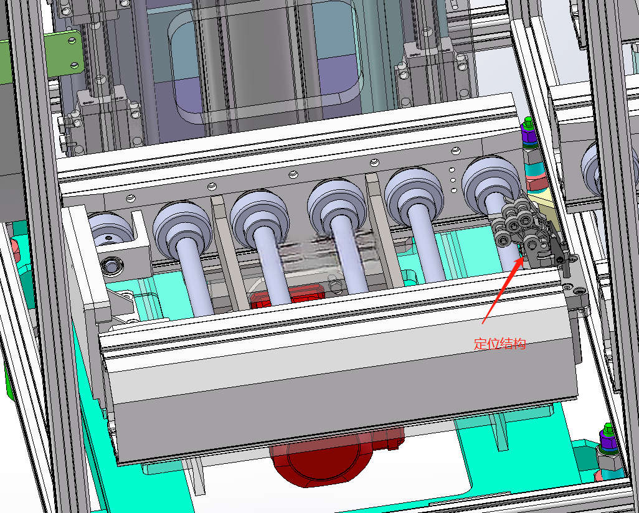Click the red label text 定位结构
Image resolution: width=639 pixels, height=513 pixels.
[x=499, y=344]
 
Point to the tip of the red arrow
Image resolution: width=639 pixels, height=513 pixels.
[x=523, y=256]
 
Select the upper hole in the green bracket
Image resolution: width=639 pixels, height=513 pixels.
[x=72, y=40]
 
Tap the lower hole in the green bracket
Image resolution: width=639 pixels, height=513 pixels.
[x=74, y=65]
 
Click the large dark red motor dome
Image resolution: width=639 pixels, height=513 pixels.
[x=322, y=456]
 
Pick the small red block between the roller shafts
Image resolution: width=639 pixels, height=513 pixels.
[x=288, y=296]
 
